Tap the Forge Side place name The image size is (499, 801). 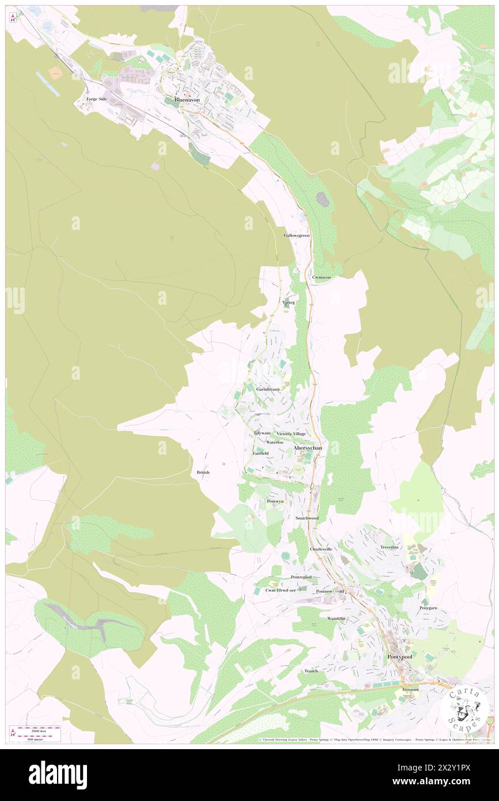pos(96,99)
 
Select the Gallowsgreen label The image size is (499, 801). pos(297,236)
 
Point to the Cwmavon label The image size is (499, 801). pos(322,277)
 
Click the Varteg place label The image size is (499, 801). pos(289,302)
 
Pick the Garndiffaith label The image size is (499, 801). pos(268,390)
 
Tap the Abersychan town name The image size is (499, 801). pos(308,447)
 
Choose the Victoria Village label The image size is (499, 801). pos(291,433)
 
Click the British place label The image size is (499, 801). pos(203,473)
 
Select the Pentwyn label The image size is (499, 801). pos(275,502)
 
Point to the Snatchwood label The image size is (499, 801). pos(307,518)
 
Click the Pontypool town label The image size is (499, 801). pos(400,657)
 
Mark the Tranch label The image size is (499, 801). pos(311,671)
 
